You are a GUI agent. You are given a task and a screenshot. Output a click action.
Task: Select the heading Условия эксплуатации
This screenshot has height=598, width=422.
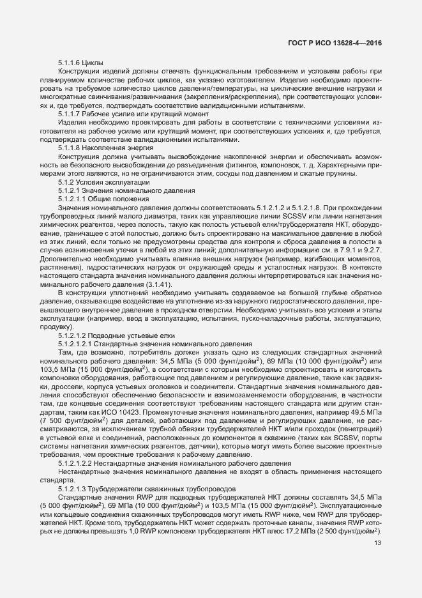(x=109, y=181)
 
